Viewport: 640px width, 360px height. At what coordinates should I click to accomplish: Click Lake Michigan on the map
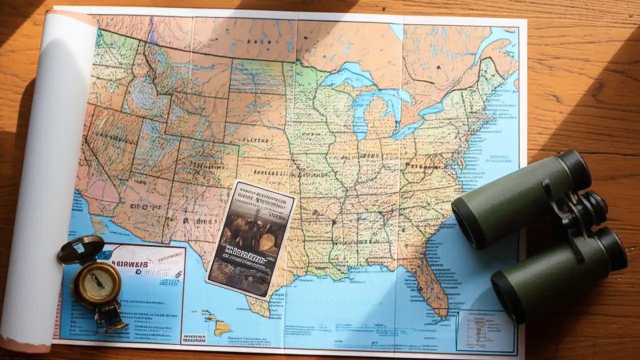pos(361,115)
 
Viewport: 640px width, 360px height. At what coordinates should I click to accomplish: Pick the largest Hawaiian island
pos(222,328)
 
